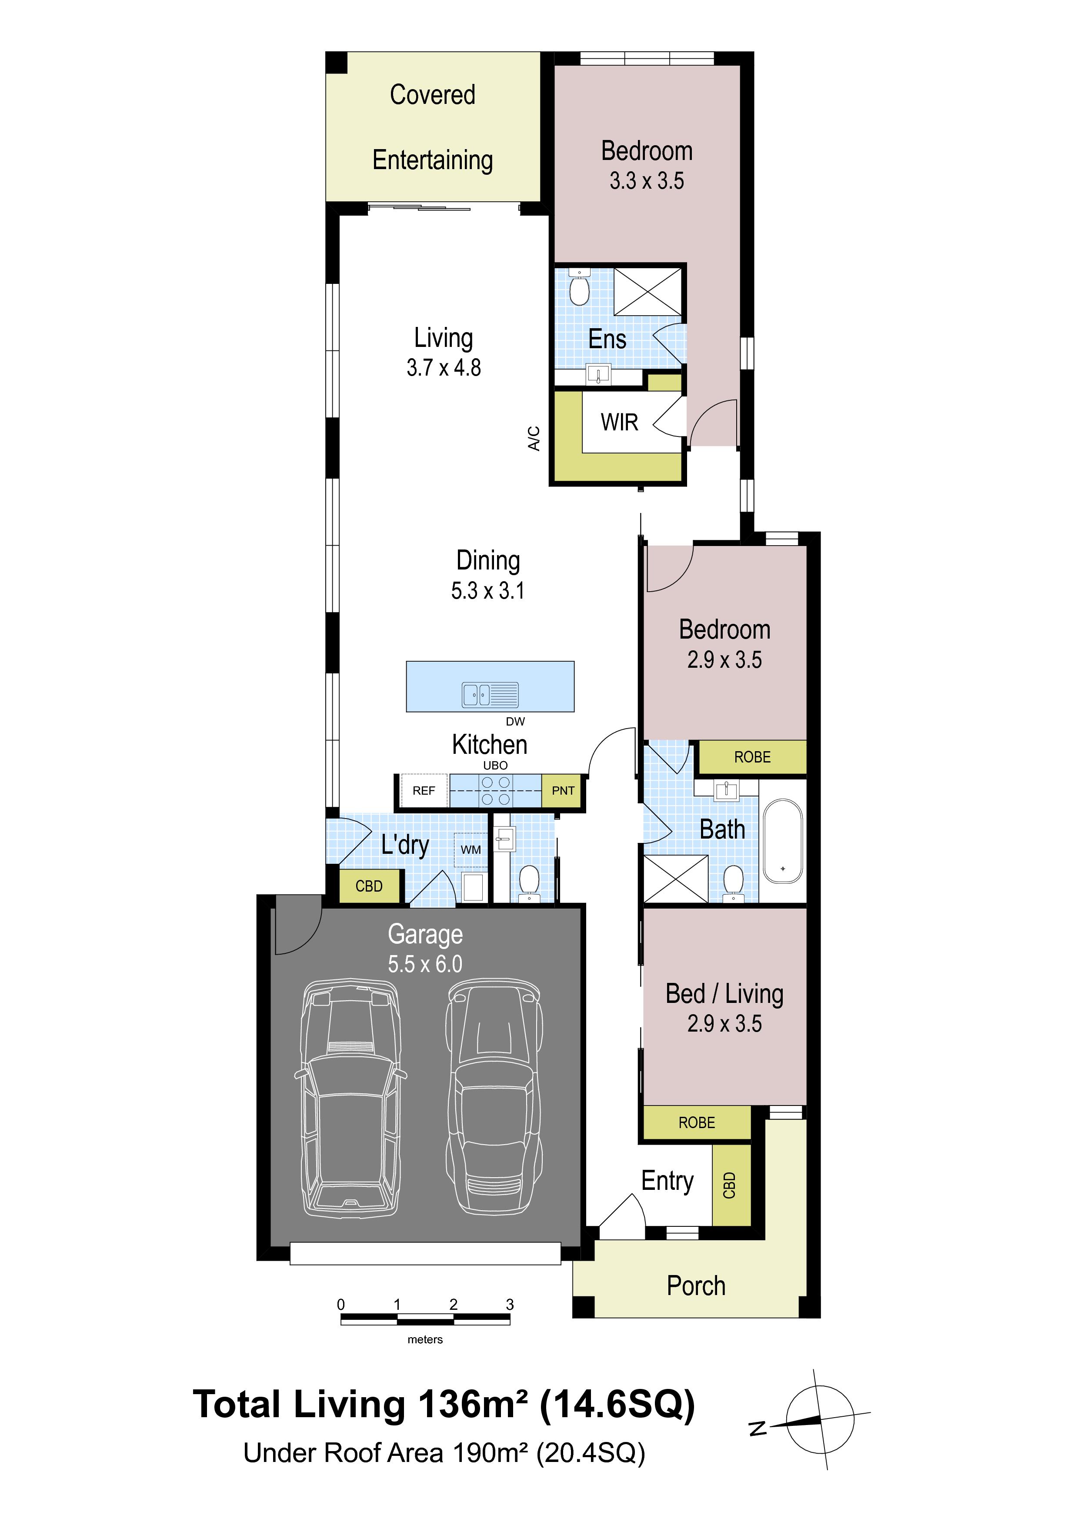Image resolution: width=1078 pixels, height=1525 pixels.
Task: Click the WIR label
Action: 619,423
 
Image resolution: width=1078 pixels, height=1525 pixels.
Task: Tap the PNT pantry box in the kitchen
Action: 563,790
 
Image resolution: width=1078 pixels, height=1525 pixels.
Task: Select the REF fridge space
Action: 424,790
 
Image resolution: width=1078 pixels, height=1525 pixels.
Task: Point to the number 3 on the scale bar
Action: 510,1305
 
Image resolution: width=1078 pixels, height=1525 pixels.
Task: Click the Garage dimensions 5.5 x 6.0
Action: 425,964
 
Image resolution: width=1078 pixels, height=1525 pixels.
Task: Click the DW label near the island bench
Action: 515,721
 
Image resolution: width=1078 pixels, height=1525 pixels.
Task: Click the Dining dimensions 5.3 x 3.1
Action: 487,590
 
